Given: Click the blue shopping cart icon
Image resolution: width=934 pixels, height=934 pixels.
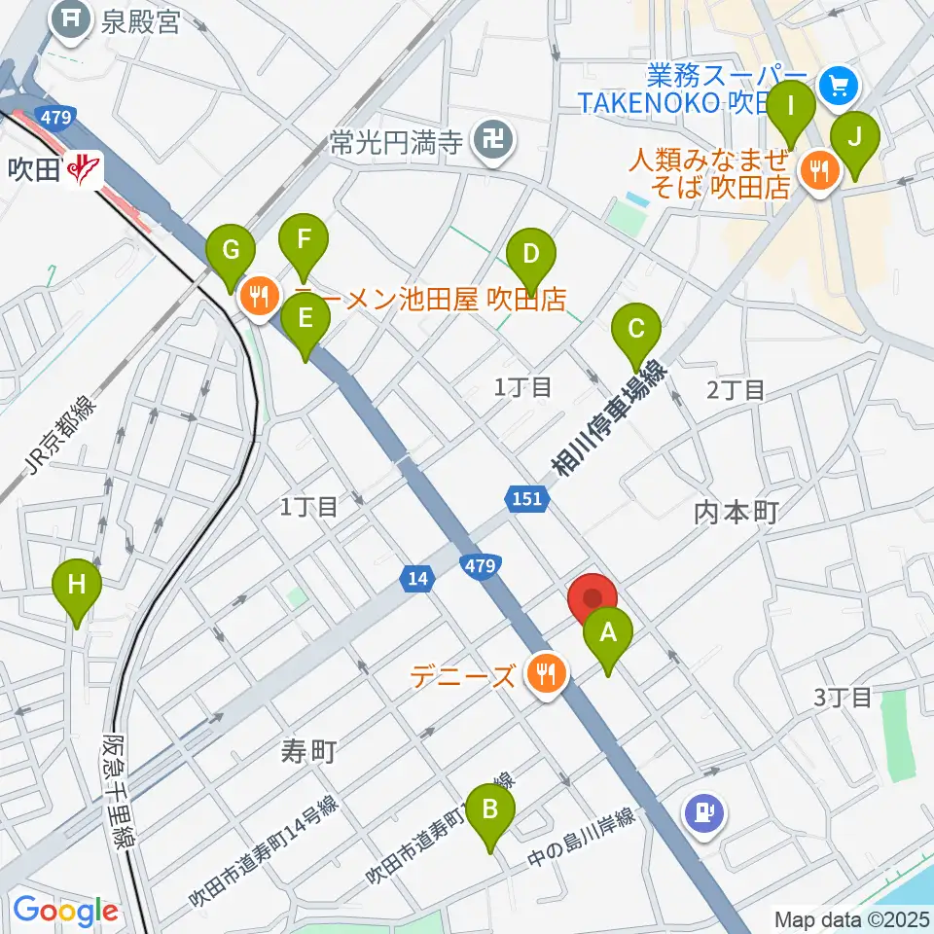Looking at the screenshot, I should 837,87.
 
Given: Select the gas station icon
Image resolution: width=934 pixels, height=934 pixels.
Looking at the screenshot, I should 703,811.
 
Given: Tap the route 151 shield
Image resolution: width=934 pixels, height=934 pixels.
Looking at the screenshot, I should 523,498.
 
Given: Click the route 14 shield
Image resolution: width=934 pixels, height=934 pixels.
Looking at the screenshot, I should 417,579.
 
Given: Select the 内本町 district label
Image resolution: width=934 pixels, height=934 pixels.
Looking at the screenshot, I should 736,513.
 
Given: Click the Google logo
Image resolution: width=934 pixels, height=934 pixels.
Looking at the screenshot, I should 64,911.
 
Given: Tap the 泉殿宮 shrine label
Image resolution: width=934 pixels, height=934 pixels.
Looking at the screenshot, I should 142,21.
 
